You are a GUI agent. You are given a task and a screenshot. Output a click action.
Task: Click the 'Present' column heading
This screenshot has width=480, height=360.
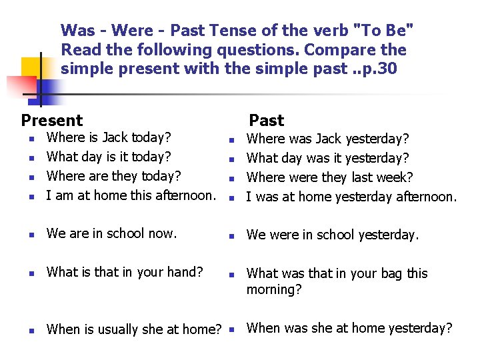52,121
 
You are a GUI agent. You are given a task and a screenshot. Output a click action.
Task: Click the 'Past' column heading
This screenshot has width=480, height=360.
266,121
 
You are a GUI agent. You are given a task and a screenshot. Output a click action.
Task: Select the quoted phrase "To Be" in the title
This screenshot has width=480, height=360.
386,31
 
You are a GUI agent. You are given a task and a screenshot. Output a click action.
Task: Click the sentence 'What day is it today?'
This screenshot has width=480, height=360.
109,157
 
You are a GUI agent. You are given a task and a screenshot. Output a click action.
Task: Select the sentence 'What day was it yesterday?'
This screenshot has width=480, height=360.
327,159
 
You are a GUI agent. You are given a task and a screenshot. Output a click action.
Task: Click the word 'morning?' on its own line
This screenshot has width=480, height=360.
274,290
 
